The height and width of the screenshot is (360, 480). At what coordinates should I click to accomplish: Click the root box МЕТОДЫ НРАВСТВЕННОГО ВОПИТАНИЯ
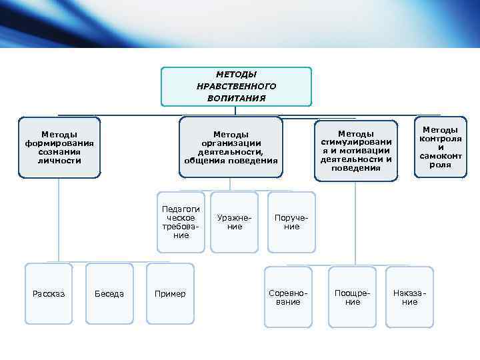point(236,87)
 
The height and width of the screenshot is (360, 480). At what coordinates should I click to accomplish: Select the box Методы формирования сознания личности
point(59,148)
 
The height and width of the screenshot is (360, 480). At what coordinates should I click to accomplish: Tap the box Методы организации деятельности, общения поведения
point(231,148)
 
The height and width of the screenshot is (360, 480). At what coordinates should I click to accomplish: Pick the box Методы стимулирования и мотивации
point(356,151)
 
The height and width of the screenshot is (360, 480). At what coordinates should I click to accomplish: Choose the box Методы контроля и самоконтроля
point(440,147)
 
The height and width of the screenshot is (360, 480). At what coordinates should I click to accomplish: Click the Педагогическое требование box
point(181,222)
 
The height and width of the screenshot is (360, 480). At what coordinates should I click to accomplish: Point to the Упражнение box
point(234,222)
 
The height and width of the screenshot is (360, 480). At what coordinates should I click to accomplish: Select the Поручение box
point(291,222)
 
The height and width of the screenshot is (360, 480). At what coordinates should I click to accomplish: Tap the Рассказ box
point(49,294)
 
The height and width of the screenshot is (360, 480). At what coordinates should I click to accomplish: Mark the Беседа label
point(109,294)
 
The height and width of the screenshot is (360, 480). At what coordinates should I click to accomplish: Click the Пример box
point(170,294)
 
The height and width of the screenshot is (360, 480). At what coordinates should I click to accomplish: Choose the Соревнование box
point(288,297)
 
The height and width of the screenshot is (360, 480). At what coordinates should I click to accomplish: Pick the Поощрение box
point(353,297)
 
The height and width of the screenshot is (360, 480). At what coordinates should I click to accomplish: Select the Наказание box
point(409,297)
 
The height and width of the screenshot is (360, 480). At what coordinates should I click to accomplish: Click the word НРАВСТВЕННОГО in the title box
point(236,87)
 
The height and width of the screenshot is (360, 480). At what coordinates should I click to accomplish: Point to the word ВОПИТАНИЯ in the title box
point(236,98)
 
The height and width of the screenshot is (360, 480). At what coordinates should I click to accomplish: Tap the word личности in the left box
point(59,161)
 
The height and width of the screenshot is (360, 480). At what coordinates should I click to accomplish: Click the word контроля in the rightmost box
point(440,139)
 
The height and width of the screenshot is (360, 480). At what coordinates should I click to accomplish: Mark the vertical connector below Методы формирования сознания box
point(59,220)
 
